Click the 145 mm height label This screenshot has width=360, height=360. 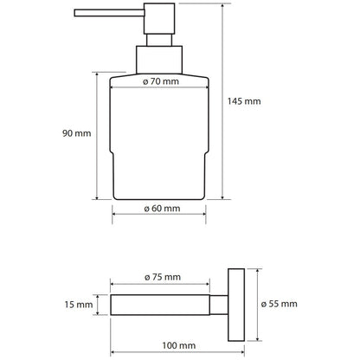coord(244,101)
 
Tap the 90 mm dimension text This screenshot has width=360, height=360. coord(77,133)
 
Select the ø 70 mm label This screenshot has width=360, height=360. coord(161,81)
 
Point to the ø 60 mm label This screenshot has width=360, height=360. coord(162,209)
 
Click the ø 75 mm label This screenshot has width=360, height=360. coord(163,277)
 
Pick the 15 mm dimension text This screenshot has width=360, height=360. coord(79,305)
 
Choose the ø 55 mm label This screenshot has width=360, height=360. coord(279,304)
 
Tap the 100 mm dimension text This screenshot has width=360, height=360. coord(179,345)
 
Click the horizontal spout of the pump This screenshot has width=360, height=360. coord(109,13)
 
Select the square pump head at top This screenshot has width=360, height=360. coord(159,18)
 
